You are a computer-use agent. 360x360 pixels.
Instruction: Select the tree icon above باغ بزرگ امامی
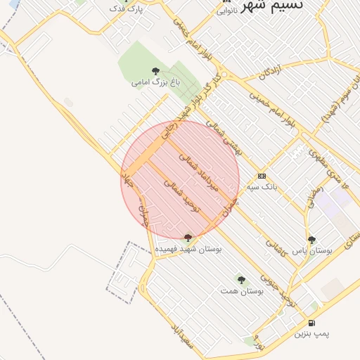pyautogui.click(x=155, y=70)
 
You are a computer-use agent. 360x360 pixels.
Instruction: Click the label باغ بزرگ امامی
pyautogui.click(x=155, y=82)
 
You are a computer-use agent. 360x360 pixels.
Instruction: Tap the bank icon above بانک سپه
pyautogui.click(x=262, y=176)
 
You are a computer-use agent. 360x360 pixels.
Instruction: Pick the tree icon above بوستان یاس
pyautogui.click(x=311, y=240)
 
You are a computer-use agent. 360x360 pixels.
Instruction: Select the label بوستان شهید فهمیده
pyautogui.click(x=187, y=249)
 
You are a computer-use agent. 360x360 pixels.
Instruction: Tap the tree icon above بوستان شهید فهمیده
pyautogui.click(x=187, y=238)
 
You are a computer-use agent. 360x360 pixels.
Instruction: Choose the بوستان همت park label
pyautogui.click(x=241, y=290)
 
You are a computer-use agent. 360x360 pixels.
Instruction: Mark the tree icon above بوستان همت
pyautogui.click(x=241, y=280)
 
